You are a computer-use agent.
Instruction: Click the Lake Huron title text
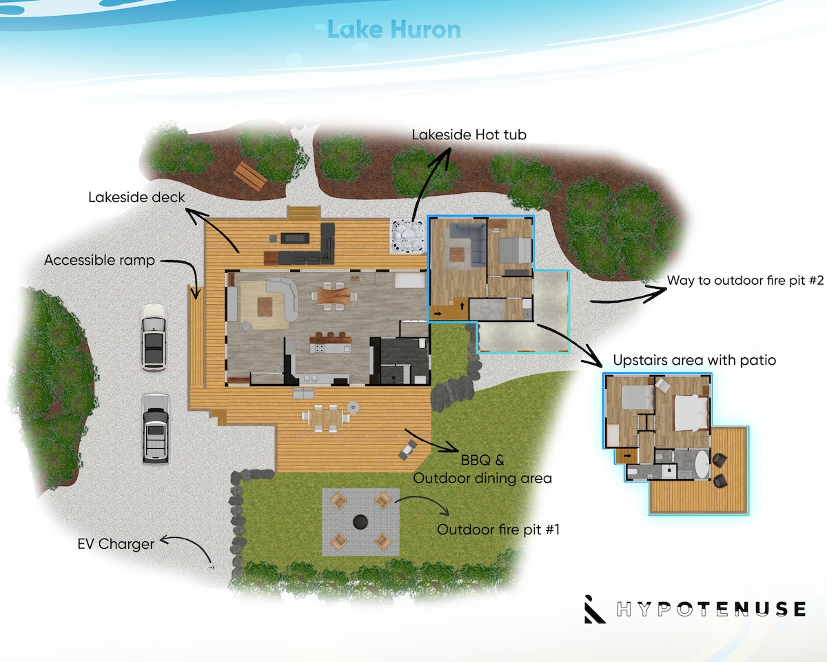[x=394, y=30]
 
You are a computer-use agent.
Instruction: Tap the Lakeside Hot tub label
[x=469, y=134]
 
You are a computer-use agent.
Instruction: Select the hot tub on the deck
[x=408, y=236]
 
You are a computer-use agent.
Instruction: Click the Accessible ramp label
[x=99, y=260]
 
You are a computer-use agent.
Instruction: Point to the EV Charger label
[x=116, y=544]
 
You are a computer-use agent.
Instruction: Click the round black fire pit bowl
[x=360, y=522]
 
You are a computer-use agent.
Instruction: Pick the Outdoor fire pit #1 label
[x=498, y=530]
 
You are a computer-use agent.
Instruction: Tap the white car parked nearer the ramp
[x=154, y=338]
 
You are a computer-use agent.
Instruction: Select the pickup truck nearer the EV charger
[x=155, y=428]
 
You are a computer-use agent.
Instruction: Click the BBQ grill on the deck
[x=408, y=450]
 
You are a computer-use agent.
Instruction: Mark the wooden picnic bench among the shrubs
[x=250, y=176]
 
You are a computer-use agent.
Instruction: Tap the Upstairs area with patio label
[x=695, y=360]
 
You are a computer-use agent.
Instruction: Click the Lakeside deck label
[x=136, y=197]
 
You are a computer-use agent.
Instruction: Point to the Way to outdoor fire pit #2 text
[x=745, y=280]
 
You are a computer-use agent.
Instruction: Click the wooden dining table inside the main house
[x=334, y=297]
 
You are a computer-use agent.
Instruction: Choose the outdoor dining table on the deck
[x=326, y=417]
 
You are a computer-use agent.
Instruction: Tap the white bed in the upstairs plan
[x=691, y=413]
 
